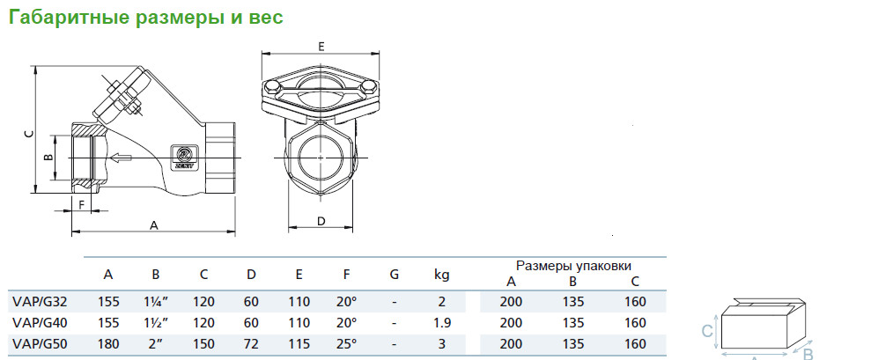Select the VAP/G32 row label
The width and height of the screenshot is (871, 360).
point(40,302)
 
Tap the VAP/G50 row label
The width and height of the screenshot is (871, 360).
point(40,344)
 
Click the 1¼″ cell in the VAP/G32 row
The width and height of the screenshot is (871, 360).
point(156,302)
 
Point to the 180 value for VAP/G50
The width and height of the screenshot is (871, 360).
point(108,344)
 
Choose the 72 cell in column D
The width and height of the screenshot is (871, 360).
point(252,344)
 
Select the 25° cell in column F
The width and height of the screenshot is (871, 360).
point(346,344)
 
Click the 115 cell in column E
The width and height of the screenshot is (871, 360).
point(299,344)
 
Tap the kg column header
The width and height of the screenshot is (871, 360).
point(441,275)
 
